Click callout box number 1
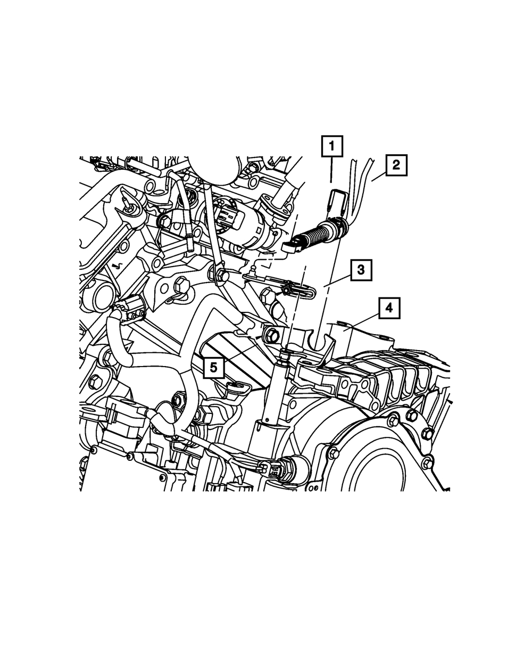(x=332, y=146)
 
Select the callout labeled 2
(x=396, y=165)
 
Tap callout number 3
(x=361, y=270)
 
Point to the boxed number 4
(x=389, y=308)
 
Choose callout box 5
(x=214, y=368)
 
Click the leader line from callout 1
(x=331, y=170)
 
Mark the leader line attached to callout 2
(x=379, y=178)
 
